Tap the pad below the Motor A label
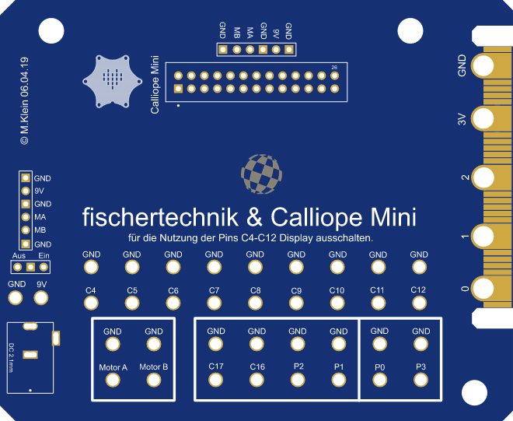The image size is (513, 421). [113, 380]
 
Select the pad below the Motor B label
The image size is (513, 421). [154, 380]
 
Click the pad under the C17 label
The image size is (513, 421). [216, 380]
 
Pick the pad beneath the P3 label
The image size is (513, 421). [421, 380]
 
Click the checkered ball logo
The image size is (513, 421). [262, 174]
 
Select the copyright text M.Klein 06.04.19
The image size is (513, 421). [24, 101]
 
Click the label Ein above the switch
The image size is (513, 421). [44, 255]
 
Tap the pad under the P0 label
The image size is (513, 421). [379, 380]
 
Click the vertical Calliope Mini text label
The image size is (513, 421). [155, 86]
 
